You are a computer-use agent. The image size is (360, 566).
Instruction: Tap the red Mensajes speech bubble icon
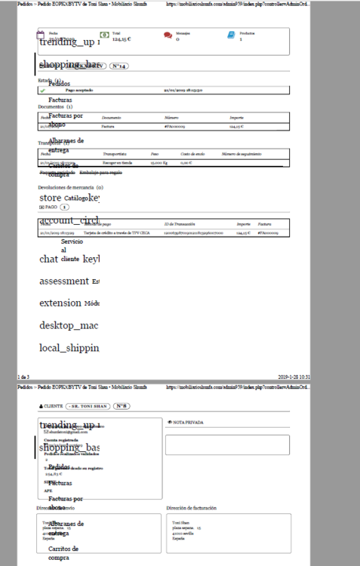pyautogui.click(x=167, y=35)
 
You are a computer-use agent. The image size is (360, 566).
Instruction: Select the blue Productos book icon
pyautogui.click(x=231, y=35)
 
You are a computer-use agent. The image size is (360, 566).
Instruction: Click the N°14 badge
pyautogui.click(x=119, y=66)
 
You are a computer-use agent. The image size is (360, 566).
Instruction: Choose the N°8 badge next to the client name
pyautogui.click(x=122, y=406)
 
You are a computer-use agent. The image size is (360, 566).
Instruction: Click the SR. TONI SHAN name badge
pyautogui.click(x=90, y=406)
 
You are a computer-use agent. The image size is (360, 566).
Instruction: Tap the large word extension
pyautogui.click(x=60, y=303)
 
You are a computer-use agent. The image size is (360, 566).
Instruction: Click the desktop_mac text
pyautogui.click(x=69, y=325)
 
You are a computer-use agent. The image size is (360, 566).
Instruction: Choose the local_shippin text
pyautogui.click(x=69, y=348)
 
